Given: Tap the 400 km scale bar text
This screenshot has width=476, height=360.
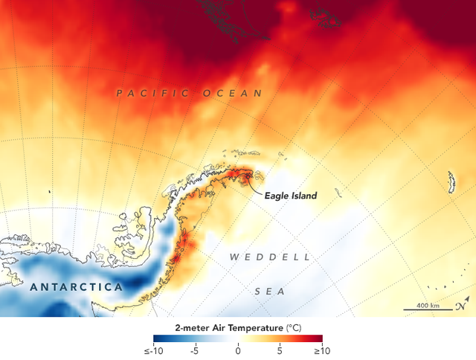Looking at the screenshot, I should click(428, 306).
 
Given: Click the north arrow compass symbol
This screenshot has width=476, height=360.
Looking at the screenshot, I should click(462, 303).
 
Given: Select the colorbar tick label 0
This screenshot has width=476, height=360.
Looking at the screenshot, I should click(238, 350).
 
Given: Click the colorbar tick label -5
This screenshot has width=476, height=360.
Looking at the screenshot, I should click(194, 350).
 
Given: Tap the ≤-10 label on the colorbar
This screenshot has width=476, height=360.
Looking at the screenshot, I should click(152, 350).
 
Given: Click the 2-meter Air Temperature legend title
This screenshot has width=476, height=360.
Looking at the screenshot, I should click(219, 327).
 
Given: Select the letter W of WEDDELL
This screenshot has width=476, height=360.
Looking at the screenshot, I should click(234, 257).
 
